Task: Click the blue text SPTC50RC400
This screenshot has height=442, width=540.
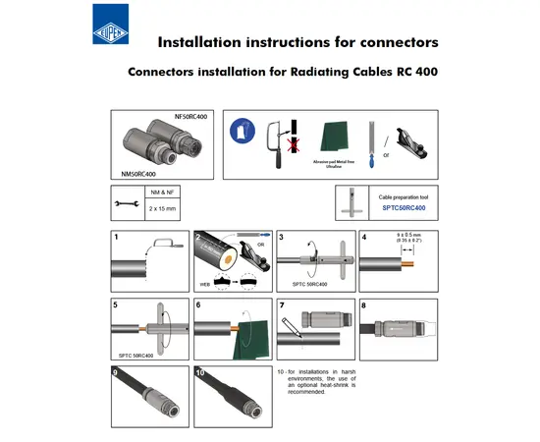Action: [x=402, y=208]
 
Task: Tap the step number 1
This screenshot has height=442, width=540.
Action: [x=116, y=238]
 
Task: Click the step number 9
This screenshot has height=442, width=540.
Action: [x=116, y=372]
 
